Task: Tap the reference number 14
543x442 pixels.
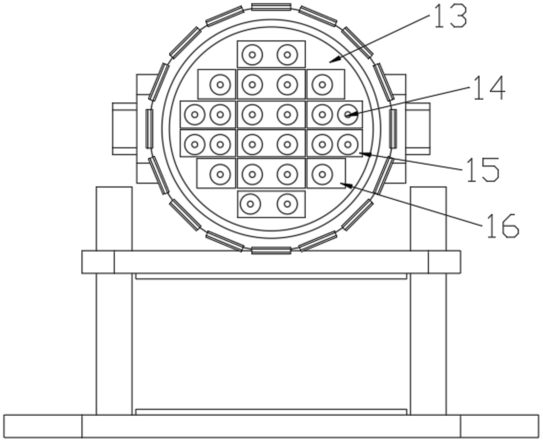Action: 488,88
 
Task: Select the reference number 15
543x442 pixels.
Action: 482,170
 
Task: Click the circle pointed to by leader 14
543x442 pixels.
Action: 348,115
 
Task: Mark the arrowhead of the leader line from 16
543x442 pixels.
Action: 346,185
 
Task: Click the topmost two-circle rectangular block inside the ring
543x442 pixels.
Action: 271,54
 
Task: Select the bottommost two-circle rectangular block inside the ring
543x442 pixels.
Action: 271,204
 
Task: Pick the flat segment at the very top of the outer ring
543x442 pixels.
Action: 271,7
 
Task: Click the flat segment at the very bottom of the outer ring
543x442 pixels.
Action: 271,250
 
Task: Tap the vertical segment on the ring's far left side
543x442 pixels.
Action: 149,129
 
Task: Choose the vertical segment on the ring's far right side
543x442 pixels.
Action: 393,129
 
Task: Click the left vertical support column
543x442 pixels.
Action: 114,301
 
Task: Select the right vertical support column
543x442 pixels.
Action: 428,301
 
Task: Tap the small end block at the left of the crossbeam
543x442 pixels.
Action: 98,262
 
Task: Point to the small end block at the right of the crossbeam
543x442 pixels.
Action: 445,262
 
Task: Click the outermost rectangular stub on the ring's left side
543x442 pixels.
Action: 125,129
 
